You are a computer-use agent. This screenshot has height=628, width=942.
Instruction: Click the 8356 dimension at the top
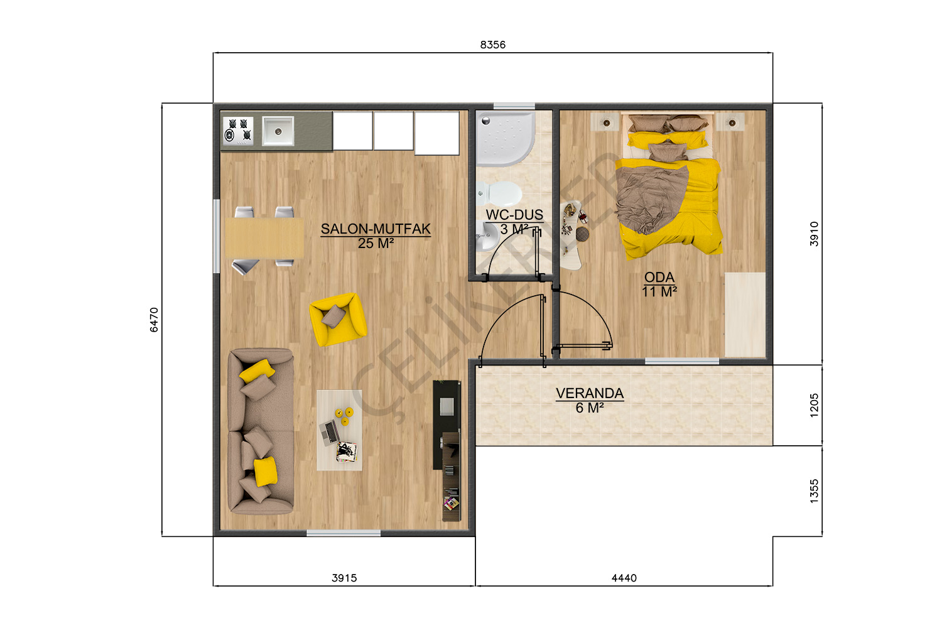point(492,45)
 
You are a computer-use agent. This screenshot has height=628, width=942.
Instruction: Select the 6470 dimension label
point(154,320)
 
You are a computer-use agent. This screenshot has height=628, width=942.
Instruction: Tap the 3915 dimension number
point(344,578)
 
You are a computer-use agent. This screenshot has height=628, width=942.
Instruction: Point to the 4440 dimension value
point(624,578)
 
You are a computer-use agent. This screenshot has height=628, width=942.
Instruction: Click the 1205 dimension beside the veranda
point(814,405)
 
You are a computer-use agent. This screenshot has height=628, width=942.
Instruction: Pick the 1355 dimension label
point(814,491)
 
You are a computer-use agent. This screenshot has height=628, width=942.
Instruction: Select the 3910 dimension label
point(814,234)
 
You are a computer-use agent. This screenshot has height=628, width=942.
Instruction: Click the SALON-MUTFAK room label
point(376,229)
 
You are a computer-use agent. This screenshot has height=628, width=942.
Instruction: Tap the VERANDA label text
point(590,393)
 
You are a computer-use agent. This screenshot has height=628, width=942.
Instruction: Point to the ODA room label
point(659,277)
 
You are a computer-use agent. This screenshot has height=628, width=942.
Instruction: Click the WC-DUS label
point(514,215)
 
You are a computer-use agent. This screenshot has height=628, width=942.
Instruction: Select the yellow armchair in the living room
point(338,319)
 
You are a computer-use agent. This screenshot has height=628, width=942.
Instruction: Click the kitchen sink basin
point(278,131)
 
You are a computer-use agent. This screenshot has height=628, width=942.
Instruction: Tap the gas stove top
point(238,131)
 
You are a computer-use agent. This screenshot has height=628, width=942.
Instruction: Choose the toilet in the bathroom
point(500,194)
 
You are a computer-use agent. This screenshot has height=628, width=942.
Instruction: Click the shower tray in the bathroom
point(506,138)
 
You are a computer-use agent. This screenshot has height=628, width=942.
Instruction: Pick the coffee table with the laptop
point(339,430)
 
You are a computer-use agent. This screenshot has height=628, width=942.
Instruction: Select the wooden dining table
point(264,237)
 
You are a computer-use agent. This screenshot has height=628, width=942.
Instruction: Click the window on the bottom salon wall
point(343,533)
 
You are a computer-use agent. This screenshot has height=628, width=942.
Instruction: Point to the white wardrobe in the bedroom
point(745,315)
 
